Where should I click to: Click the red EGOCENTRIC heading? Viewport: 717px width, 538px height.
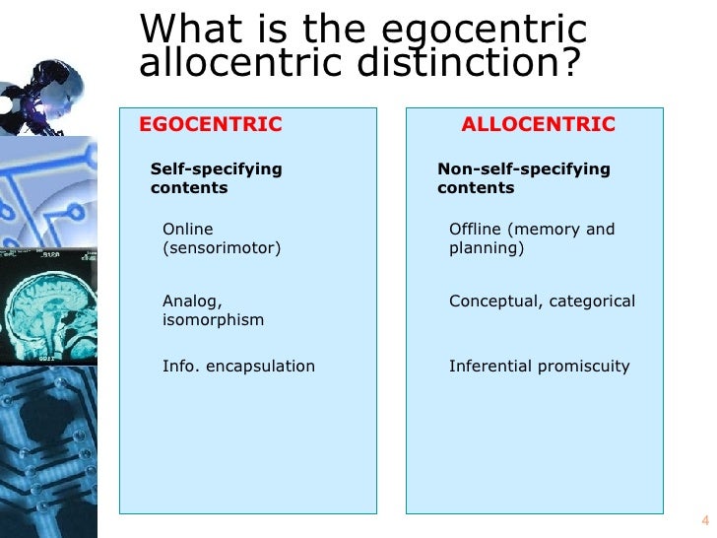point(211,124)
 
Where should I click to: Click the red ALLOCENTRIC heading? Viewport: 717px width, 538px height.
point(538,124)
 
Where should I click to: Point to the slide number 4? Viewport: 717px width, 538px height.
point(704,521)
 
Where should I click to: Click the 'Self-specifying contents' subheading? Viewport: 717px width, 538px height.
point(216,178)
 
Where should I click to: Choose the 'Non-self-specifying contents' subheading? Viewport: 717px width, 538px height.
point(523,178)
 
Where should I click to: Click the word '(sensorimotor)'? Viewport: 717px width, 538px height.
point(222,248)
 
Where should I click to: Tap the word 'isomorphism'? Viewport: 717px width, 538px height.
point(213,320)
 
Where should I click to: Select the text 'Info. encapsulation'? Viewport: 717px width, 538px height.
point(238,367)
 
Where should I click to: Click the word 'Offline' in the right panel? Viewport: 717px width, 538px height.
point(475,230)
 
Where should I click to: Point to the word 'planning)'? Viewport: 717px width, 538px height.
point(487,248)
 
